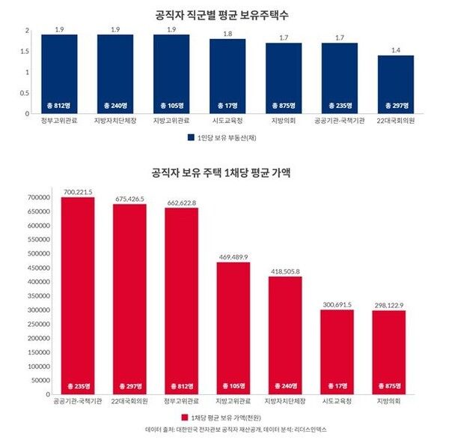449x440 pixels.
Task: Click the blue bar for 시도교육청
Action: coord(227,76)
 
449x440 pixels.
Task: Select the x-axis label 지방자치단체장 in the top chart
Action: coord(114,120)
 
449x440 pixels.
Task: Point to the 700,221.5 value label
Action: coord(78,192)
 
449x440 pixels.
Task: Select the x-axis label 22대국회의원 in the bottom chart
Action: coord(130,401)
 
